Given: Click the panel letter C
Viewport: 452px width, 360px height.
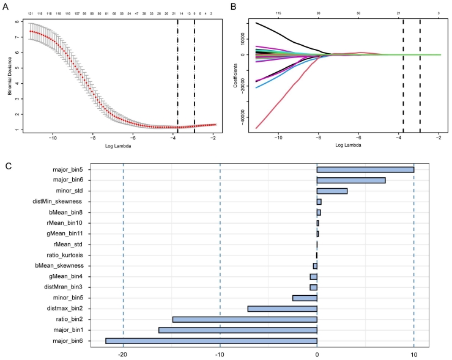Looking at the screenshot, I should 7,165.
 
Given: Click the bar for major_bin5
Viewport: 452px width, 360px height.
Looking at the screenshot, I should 365,169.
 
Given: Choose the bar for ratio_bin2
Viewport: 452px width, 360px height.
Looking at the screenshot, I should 245,319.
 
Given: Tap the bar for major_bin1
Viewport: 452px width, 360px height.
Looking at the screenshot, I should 237,330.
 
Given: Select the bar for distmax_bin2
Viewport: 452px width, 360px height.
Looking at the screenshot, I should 282,309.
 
